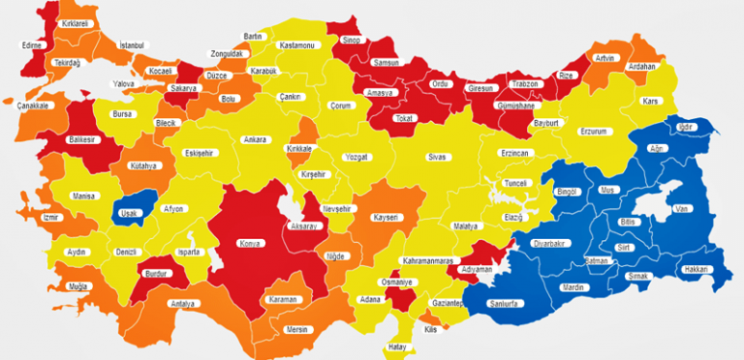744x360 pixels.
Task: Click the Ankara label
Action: click(x=254, y=140)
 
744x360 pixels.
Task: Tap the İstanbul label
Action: click(x=132, y=45)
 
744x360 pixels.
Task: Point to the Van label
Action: click(x=683, y=209)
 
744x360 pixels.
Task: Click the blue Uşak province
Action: click(x=127, y=214)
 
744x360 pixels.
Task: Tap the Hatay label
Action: click(x=397, y=347)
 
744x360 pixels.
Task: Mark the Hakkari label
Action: click(x=696, y=270)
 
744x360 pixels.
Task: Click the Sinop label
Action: click(x=350, y=40)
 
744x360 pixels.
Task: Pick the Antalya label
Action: click(x=181, y=304)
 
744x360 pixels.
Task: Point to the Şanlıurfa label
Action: click(x=504, y=304)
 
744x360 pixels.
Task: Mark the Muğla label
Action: click(x=78, y=287)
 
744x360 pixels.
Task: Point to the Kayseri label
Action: click(x=385, y=218)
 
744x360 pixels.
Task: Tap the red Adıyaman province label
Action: click(x=476, y=270)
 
